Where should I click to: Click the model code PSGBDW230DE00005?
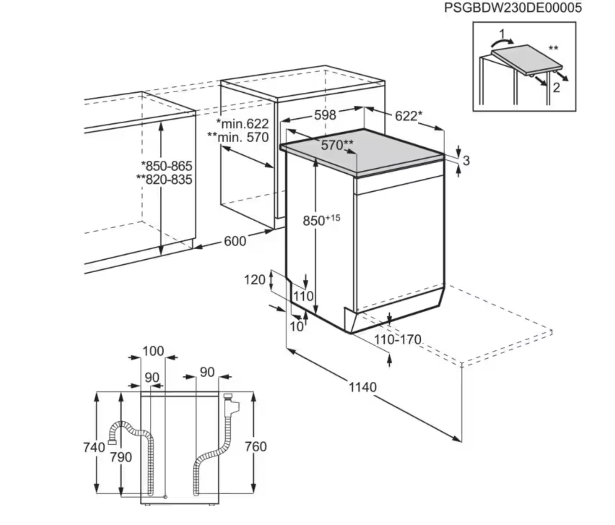(x=513, y=8)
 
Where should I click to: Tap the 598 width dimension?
(x=325, y=115)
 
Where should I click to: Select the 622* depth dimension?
(x=408, y=116)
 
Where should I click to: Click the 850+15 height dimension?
(x=321, y=220)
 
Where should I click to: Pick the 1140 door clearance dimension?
(x=362, y=387)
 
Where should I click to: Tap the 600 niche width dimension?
(x=235, y=241)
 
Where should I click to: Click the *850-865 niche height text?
(x=167, y=166)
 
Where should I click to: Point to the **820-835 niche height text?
(x=164, y=179)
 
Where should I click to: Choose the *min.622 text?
(x=242, y=123)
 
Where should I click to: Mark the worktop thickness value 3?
(x=466, y=161)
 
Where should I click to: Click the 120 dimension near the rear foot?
(x=254, y=280)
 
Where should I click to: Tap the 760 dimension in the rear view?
(x=256, y=447)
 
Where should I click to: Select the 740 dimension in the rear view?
(x=94, y=447)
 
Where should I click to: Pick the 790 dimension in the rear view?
(x=121, y=457)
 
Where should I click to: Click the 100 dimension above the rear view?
(x=153, y=351)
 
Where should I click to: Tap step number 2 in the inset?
(x=556, y=87)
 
